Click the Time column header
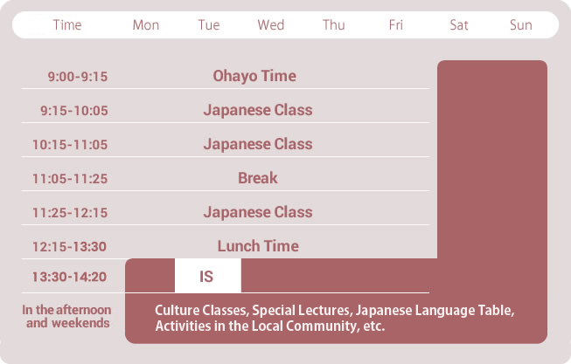click(67, 25)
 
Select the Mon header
click(146, 25)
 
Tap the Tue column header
click(209, 25)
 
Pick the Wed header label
click(270, 25)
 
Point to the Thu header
click(333, 25)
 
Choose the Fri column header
click(396, 25)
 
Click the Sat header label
click(459, 25)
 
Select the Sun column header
click(521, 25)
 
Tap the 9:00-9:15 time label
click(78, 77)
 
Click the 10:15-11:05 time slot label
click(70, 145)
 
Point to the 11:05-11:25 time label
click(70, 179)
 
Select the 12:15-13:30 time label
click(69, 247)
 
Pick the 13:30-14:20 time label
click(69, 277)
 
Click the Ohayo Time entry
click(254, 76)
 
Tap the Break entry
click(258, 178)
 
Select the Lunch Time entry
click(258, 246)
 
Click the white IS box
click(208, 276)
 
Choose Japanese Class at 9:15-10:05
click(258, 110)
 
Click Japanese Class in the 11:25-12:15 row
click(258, 212)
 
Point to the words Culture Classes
click(202, 311)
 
